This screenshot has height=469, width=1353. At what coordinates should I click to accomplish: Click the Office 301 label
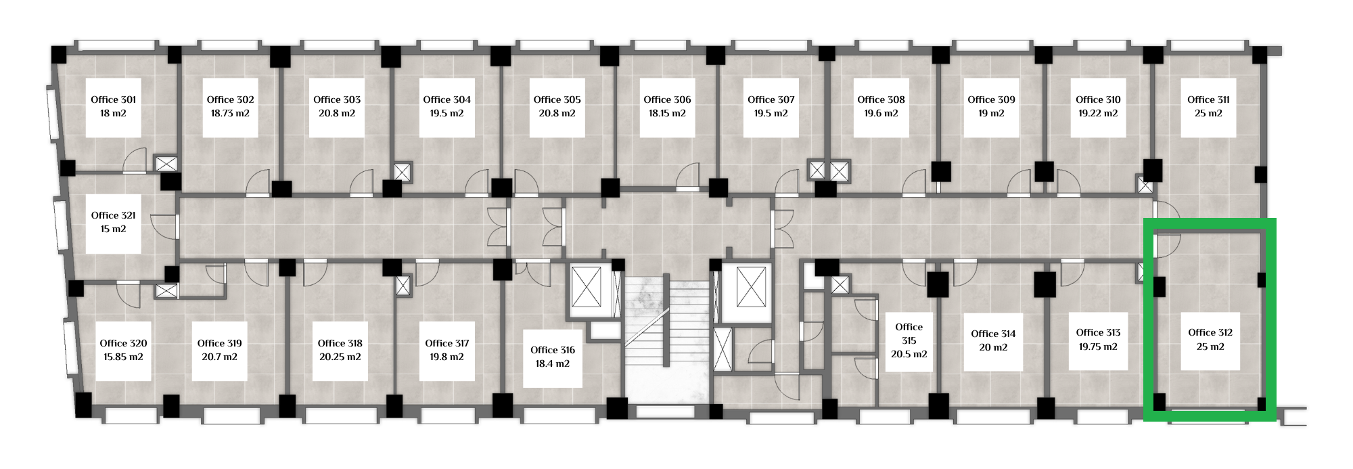tap(114, 99)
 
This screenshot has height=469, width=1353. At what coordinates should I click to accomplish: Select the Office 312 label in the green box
tap(1210, 332)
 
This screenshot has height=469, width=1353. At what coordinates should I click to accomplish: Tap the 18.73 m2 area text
tap(230, 114)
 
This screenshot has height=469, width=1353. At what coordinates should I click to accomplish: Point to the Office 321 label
tap(114, 215)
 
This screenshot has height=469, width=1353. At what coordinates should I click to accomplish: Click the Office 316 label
tap(553, 350)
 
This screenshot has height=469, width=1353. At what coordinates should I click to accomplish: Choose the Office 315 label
tap(909, 334)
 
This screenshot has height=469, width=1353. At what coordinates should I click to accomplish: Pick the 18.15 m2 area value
tap(667, 114)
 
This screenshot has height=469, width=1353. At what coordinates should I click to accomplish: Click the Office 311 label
tap(1208, 99)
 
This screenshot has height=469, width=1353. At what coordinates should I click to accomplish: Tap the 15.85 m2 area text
tap(123, 357)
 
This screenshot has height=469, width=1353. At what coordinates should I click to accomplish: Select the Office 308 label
tap(881, 99)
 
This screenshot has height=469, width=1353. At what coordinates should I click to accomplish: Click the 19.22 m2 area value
tap(1098, 114)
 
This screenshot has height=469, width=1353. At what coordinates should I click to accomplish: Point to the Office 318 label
tap(340, 343)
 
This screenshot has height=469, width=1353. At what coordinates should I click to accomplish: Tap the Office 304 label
tap(446, 99)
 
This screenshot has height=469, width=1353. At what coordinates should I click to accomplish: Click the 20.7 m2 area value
tap(219, 357)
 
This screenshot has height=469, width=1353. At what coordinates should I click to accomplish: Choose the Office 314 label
tap(993, 334)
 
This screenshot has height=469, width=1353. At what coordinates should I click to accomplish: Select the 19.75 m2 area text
tap(1098, 347)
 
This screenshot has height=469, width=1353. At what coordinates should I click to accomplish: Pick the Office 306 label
tap(667, 99)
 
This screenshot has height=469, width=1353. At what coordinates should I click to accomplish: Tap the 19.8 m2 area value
tap(446, 357)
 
